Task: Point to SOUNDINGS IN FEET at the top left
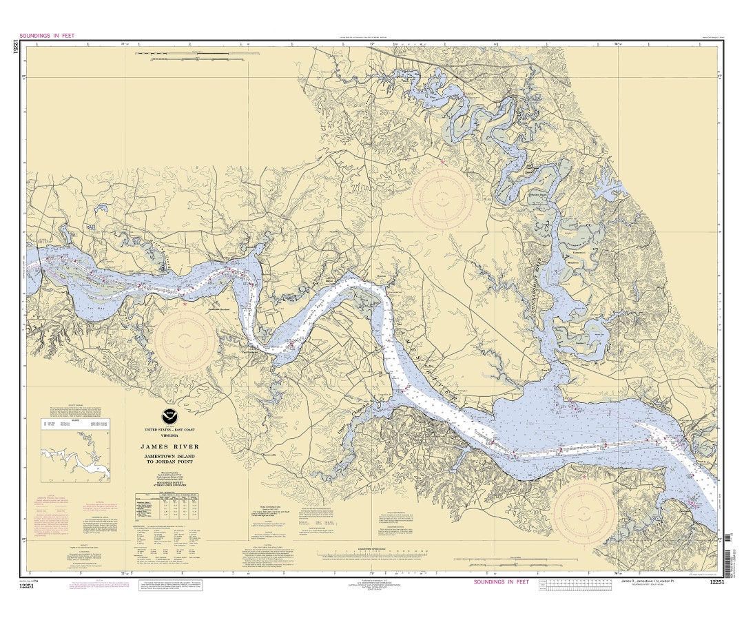47,34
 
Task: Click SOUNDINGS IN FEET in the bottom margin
501,582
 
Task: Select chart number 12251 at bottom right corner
716,583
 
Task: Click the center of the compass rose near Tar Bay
185,340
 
